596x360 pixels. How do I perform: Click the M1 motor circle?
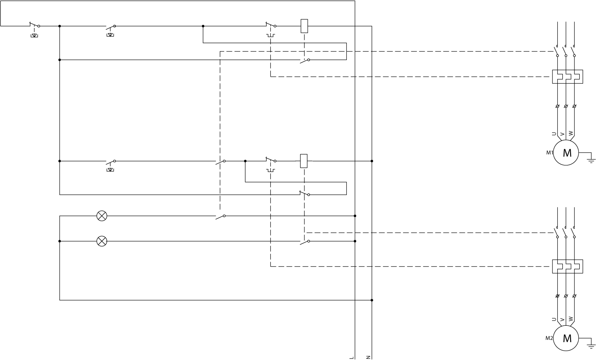(566, 153)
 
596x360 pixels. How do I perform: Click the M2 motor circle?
(566, 338)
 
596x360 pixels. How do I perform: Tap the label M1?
(549, 153)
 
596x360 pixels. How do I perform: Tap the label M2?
(549, 338)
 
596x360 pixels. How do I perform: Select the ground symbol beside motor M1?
(591, 160)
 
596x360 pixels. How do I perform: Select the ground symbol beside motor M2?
(591, 346)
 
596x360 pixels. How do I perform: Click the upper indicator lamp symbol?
(102, 216)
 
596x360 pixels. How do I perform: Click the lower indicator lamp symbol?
(102, 241)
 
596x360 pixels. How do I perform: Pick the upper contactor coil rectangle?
(304, 26)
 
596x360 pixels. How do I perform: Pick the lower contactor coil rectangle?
(304, 161)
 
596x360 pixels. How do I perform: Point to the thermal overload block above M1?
(567, 77)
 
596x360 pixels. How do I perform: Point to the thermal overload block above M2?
(567, 267)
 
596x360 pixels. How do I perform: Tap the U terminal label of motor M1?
(554, 134)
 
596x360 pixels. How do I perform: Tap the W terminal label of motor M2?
(571, 319)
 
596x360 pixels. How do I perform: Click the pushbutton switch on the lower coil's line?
(110, 162)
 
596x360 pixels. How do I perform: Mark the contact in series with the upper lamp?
(221, 216)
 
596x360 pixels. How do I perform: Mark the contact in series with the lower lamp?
(305, 242)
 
